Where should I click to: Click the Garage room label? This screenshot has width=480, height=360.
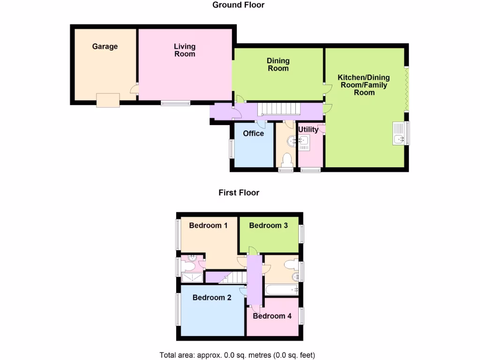[x=105, y=46]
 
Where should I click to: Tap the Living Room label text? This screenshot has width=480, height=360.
[x=184, y=50]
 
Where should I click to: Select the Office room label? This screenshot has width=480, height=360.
[x=253, y=134]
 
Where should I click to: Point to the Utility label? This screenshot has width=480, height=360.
[x=308, y=129]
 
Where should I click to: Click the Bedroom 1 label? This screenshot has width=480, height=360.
[x=208, y=225]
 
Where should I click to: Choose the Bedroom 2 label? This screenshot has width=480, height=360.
[x=211, y=297]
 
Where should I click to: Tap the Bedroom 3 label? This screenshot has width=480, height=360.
[x=268, y=225]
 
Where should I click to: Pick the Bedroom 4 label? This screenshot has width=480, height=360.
[x=272, y=316]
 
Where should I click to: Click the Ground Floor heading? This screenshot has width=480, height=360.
[x=238, y=5]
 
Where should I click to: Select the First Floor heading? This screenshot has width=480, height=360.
[x=239, y=193]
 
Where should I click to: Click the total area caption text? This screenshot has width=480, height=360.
[x=240, y=355]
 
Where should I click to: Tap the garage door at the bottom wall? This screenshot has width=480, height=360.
[x=108, y=100]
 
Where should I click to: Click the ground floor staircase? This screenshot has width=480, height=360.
[x=280, y=109]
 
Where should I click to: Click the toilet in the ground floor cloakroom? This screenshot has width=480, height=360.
[x=286, y=161]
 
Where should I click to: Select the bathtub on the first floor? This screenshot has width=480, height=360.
[x=282, y=290]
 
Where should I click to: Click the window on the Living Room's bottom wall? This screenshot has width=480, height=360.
[x=175, y=103]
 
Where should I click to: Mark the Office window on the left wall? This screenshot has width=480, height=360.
[x=231, y=150]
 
